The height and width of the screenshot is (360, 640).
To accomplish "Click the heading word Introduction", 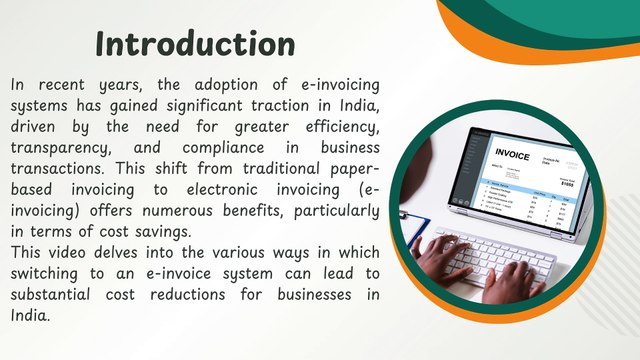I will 195,43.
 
